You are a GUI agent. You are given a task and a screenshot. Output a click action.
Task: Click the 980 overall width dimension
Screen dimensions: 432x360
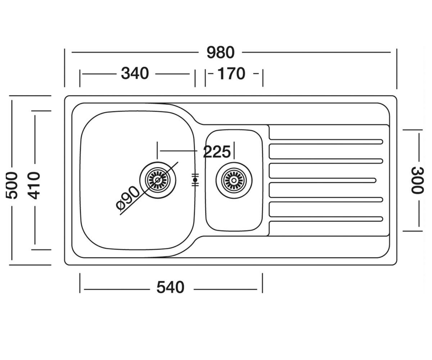221,53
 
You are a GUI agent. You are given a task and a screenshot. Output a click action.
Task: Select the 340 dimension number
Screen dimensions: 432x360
135,73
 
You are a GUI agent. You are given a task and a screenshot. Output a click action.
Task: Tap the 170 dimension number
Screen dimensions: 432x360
231,73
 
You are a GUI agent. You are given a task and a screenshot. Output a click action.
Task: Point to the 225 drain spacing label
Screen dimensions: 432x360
217,152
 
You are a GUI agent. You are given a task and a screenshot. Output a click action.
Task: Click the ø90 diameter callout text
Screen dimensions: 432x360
128,198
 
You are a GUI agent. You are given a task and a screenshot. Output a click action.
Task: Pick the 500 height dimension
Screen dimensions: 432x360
12,185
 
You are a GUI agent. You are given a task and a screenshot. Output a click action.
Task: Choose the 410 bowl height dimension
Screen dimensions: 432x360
34,185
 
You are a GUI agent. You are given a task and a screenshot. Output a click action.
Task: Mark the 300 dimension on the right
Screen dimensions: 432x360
417,180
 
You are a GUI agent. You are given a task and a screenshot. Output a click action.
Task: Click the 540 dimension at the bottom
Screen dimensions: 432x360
170,288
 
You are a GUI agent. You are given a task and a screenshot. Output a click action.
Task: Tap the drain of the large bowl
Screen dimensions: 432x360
158,180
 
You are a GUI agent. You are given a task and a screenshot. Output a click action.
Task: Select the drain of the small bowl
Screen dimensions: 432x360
234,180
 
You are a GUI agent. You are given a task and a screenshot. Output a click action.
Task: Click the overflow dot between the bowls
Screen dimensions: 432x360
195,180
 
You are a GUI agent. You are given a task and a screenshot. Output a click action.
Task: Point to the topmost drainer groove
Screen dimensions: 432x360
326,142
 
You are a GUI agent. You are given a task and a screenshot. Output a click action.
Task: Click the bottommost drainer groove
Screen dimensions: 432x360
326,219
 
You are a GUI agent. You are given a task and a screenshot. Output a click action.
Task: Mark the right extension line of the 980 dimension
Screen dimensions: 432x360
397,69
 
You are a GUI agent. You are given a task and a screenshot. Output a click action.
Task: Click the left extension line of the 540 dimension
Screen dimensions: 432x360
80,283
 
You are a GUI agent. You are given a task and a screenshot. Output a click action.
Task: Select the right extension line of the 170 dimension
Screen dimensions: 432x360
263,78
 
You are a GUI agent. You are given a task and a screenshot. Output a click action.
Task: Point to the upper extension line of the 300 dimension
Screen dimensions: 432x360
413,130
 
